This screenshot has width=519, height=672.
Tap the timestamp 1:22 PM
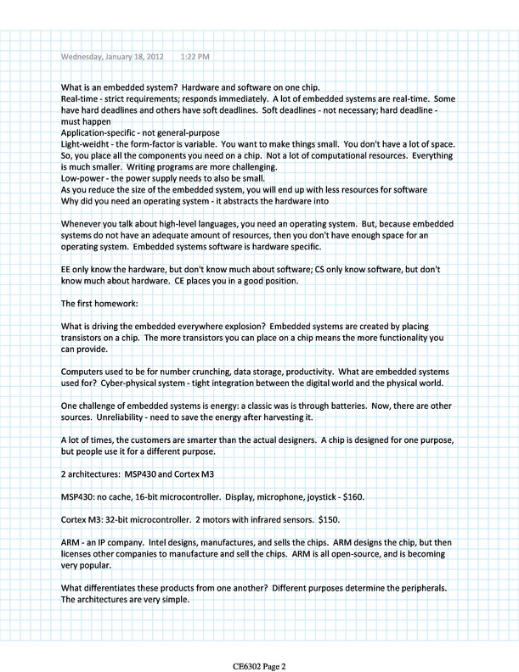[x=195, y=57]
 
